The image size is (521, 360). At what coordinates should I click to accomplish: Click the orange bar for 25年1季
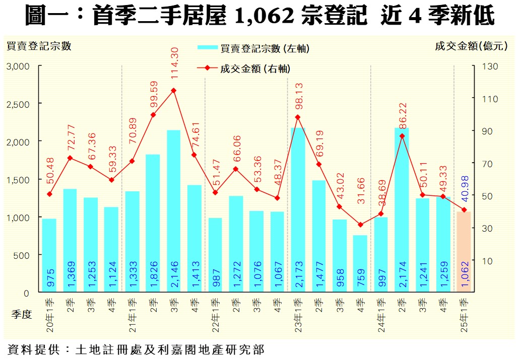point(464,252)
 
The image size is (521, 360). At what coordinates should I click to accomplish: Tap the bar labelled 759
point(360,263)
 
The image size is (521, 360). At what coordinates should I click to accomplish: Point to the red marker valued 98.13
point(298,117)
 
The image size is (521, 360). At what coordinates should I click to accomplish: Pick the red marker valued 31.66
point(360,225)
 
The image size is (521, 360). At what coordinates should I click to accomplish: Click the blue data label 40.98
point(464,187)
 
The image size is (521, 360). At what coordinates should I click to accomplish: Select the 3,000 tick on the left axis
point(18,66)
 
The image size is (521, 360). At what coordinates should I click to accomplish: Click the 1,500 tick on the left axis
point(18,180)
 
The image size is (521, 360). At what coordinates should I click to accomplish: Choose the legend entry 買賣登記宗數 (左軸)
point(253,48)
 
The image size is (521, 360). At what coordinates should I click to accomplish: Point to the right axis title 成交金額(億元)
point(471,46)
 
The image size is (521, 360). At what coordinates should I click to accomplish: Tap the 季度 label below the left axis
point(21,315)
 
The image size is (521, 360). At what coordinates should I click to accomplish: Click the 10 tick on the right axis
point(489,261)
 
